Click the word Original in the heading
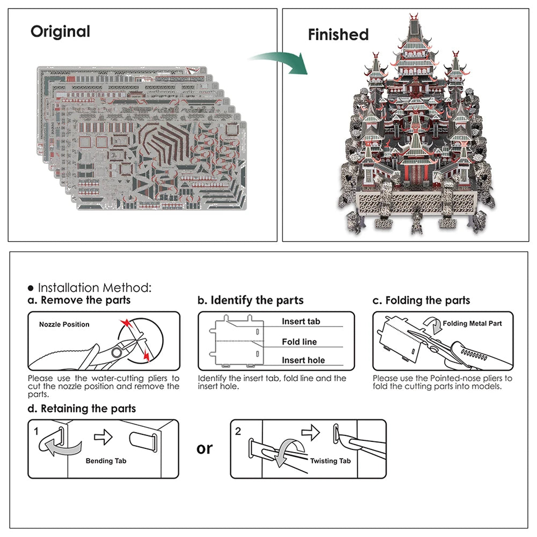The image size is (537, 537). (60, 31)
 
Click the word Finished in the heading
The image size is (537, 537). (338, 35)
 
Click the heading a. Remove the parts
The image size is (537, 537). (79, 300)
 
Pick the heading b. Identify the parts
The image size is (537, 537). (250, 300)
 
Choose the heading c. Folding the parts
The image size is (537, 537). (421, 300)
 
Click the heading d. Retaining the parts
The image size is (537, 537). (82, 409)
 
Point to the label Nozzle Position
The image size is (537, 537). (64, 324)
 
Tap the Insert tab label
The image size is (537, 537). (301, 322)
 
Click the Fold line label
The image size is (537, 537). (299, 342)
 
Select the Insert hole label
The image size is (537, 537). (303, 360)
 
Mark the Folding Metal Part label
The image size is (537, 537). (472, 323)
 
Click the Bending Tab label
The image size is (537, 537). (106, 461)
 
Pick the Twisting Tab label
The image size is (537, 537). (330, 461)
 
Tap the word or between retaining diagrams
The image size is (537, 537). (205, 448)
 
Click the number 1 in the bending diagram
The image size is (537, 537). (36, 431)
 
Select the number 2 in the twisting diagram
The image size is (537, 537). (238, 431)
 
